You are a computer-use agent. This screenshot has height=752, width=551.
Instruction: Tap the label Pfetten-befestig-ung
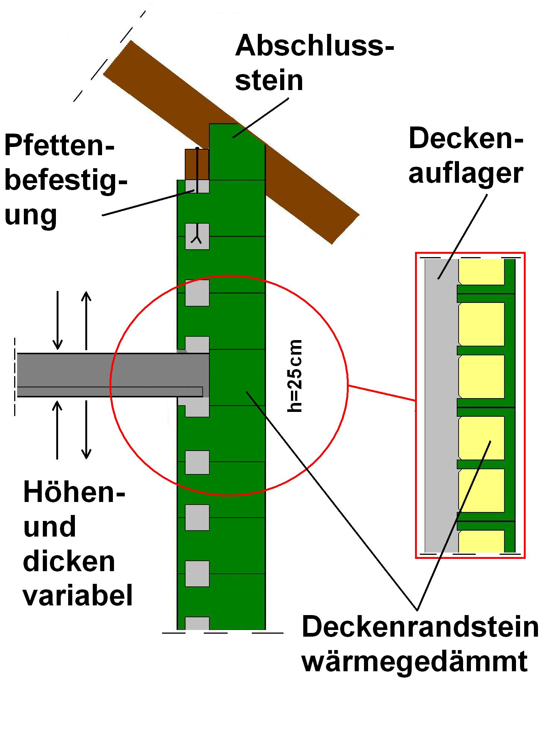(65, 181)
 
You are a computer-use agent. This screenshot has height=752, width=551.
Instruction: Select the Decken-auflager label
(466, 156)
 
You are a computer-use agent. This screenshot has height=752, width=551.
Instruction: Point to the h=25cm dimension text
(295, 376)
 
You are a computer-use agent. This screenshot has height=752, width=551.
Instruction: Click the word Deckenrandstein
(420, 627)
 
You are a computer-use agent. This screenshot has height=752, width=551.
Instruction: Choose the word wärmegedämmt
(414, 661)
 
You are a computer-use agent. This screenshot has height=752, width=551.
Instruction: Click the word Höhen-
(74, 492)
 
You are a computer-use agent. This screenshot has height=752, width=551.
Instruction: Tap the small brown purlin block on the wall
(196, 164)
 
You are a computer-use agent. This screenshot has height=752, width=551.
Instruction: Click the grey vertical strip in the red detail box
(441, 406)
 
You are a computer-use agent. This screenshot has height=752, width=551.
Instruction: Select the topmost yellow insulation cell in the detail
(481, 272)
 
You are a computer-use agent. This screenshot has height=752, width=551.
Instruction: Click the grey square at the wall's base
(197, 623)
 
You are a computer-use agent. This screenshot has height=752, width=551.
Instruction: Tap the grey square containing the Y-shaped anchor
(197, 236)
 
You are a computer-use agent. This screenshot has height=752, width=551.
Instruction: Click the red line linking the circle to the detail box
(382, 394)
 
